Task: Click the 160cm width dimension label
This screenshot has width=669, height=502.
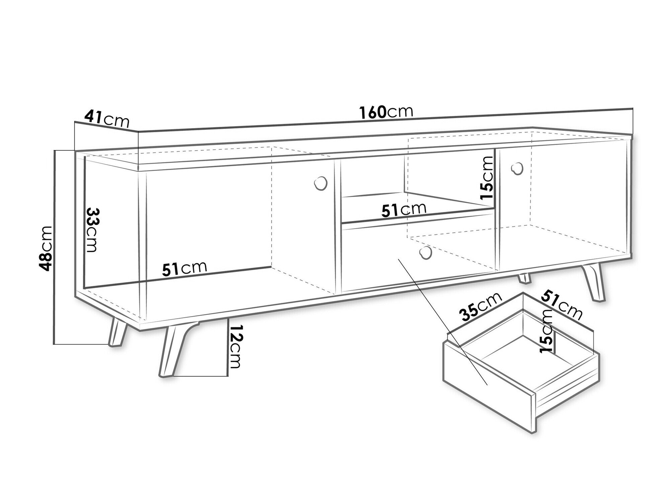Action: (x=386, y=112)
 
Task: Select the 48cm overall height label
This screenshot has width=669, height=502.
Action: (x=45, y=248)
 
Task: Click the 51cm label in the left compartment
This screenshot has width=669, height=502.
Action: (x=185, y=269)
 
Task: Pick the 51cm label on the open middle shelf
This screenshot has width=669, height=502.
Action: (x=404, y=210)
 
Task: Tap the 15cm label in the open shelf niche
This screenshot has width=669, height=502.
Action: (x=486, y=178)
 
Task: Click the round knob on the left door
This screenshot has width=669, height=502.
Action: (x=320, y=183)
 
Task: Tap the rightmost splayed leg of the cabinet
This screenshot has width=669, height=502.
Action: (x=594, y=282)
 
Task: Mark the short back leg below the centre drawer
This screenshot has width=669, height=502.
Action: (x=524, y=278)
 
